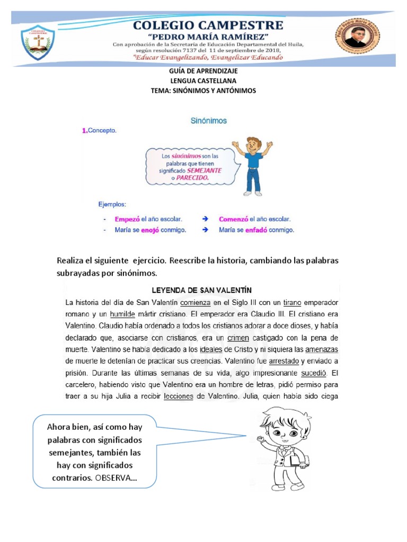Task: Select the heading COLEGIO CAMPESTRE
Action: click(208, 25)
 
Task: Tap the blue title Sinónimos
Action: click(208, 121)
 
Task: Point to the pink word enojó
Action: click(149, 230)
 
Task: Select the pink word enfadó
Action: click(255, 230)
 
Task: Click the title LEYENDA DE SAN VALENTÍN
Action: click(201, 290)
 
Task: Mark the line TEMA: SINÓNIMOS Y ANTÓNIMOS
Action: click(203, 91)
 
